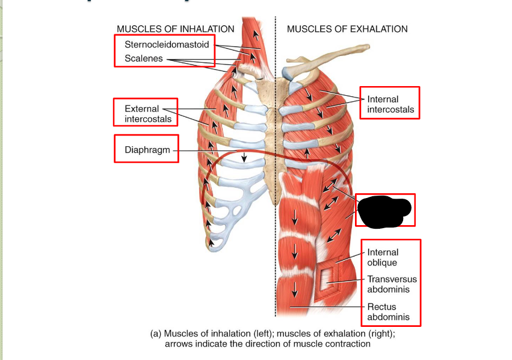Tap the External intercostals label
[147, 114]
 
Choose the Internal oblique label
[383, 258]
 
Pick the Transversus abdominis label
[392, 284]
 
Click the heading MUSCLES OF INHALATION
[176, 29]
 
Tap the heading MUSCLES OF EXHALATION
[347, 29]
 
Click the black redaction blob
[384, 209]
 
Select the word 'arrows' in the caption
[179, 344]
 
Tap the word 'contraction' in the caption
[348, 344]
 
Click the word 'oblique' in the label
[382, 262]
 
